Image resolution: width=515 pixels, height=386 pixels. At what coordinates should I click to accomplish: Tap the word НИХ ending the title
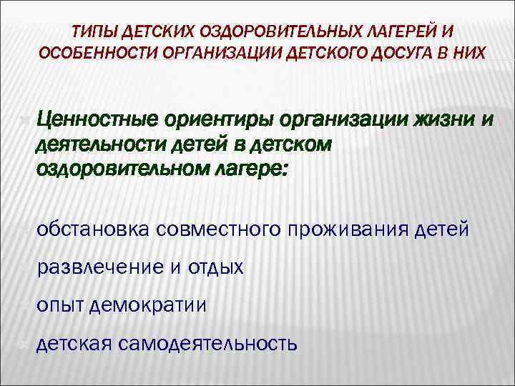[469, 54]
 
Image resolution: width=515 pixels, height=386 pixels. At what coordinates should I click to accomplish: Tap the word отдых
[216, 268]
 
